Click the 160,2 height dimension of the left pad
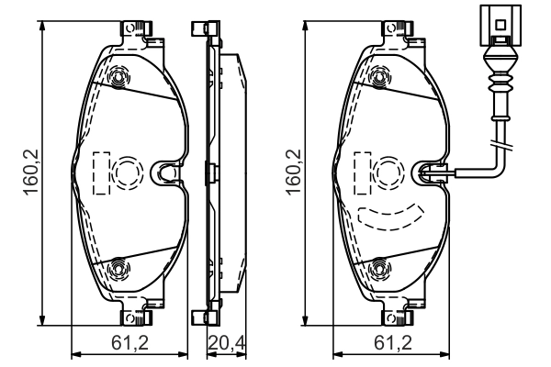click(x=31, y=172)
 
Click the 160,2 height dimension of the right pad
click(x=294, y=172)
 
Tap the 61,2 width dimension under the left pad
click(x=130, y=343)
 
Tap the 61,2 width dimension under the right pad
click(x=392, y=343)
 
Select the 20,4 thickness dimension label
click(x=227, y=343)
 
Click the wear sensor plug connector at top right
click(x=500, y=26)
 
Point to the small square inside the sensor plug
click(x=500, y=24)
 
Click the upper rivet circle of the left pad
click(x=118, y=76)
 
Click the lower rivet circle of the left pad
click(x=118, y=268)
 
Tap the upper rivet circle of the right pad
click(x=381, y=76)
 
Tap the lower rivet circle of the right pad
click(x=381, y=268)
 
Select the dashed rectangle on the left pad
click(x=102, y=172)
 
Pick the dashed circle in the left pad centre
click(x=129, y=172)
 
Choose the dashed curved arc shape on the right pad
click(x=390, y=217)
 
